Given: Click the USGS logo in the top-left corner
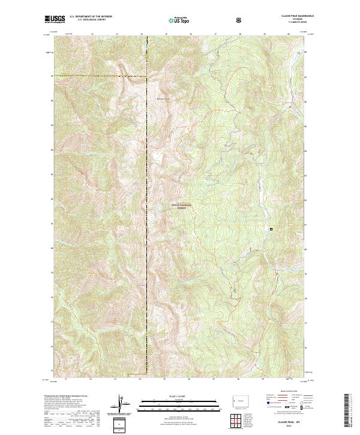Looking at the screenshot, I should pos(55,20).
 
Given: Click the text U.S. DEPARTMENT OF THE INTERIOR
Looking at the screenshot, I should pos(91,17).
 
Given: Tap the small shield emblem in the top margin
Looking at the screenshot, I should pos(241,20).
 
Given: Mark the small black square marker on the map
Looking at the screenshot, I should pos(271,229).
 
